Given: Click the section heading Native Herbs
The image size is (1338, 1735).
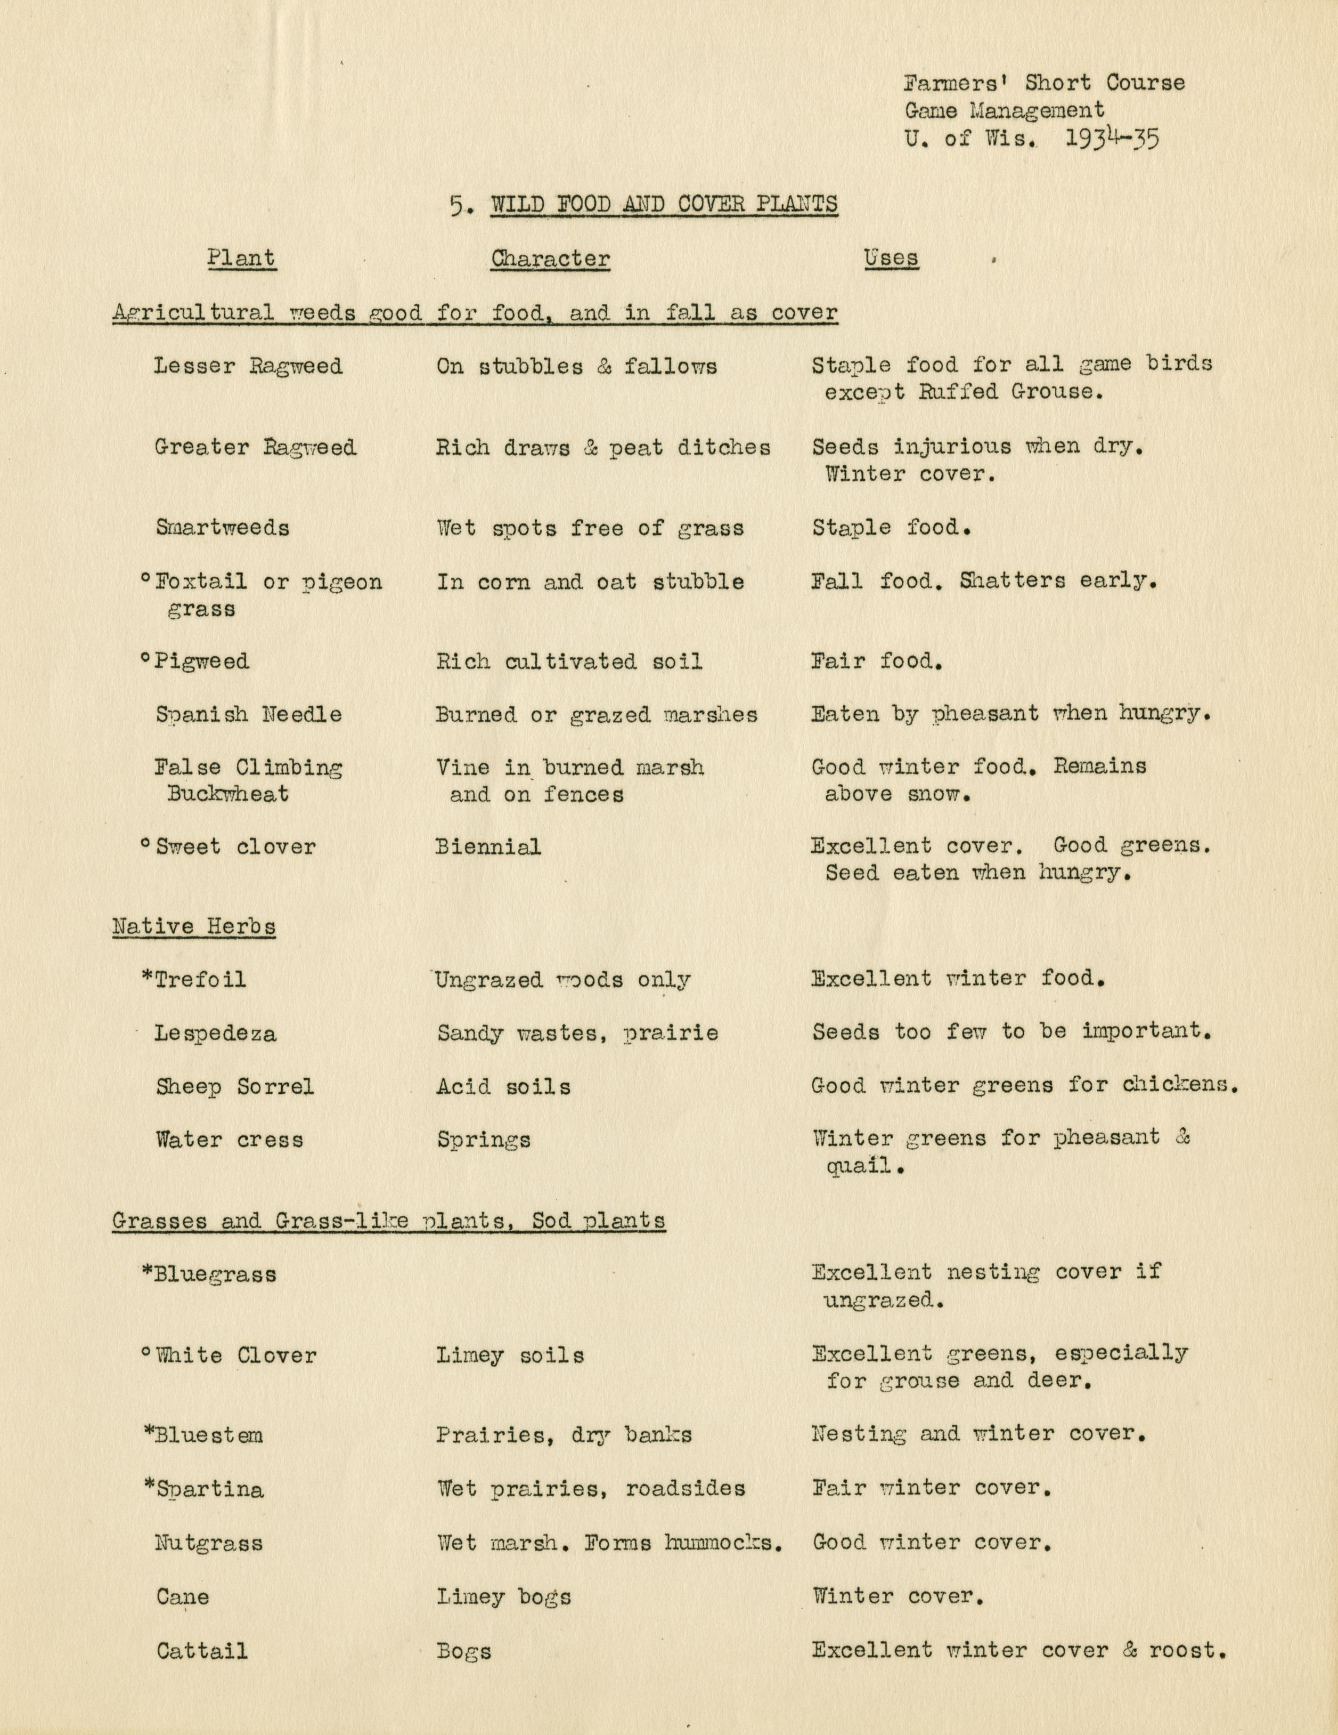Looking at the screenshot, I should (194, 926).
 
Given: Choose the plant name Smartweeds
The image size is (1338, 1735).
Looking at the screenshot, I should (222, 528).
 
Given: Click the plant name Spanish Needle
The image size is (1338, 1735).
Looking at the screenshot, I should (249, 714).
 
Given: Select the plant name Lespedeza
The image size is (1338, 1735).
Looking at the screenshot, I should (215, 1034).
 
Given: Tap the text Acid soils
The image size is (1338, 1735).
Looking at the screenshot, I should (503, 1087).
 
